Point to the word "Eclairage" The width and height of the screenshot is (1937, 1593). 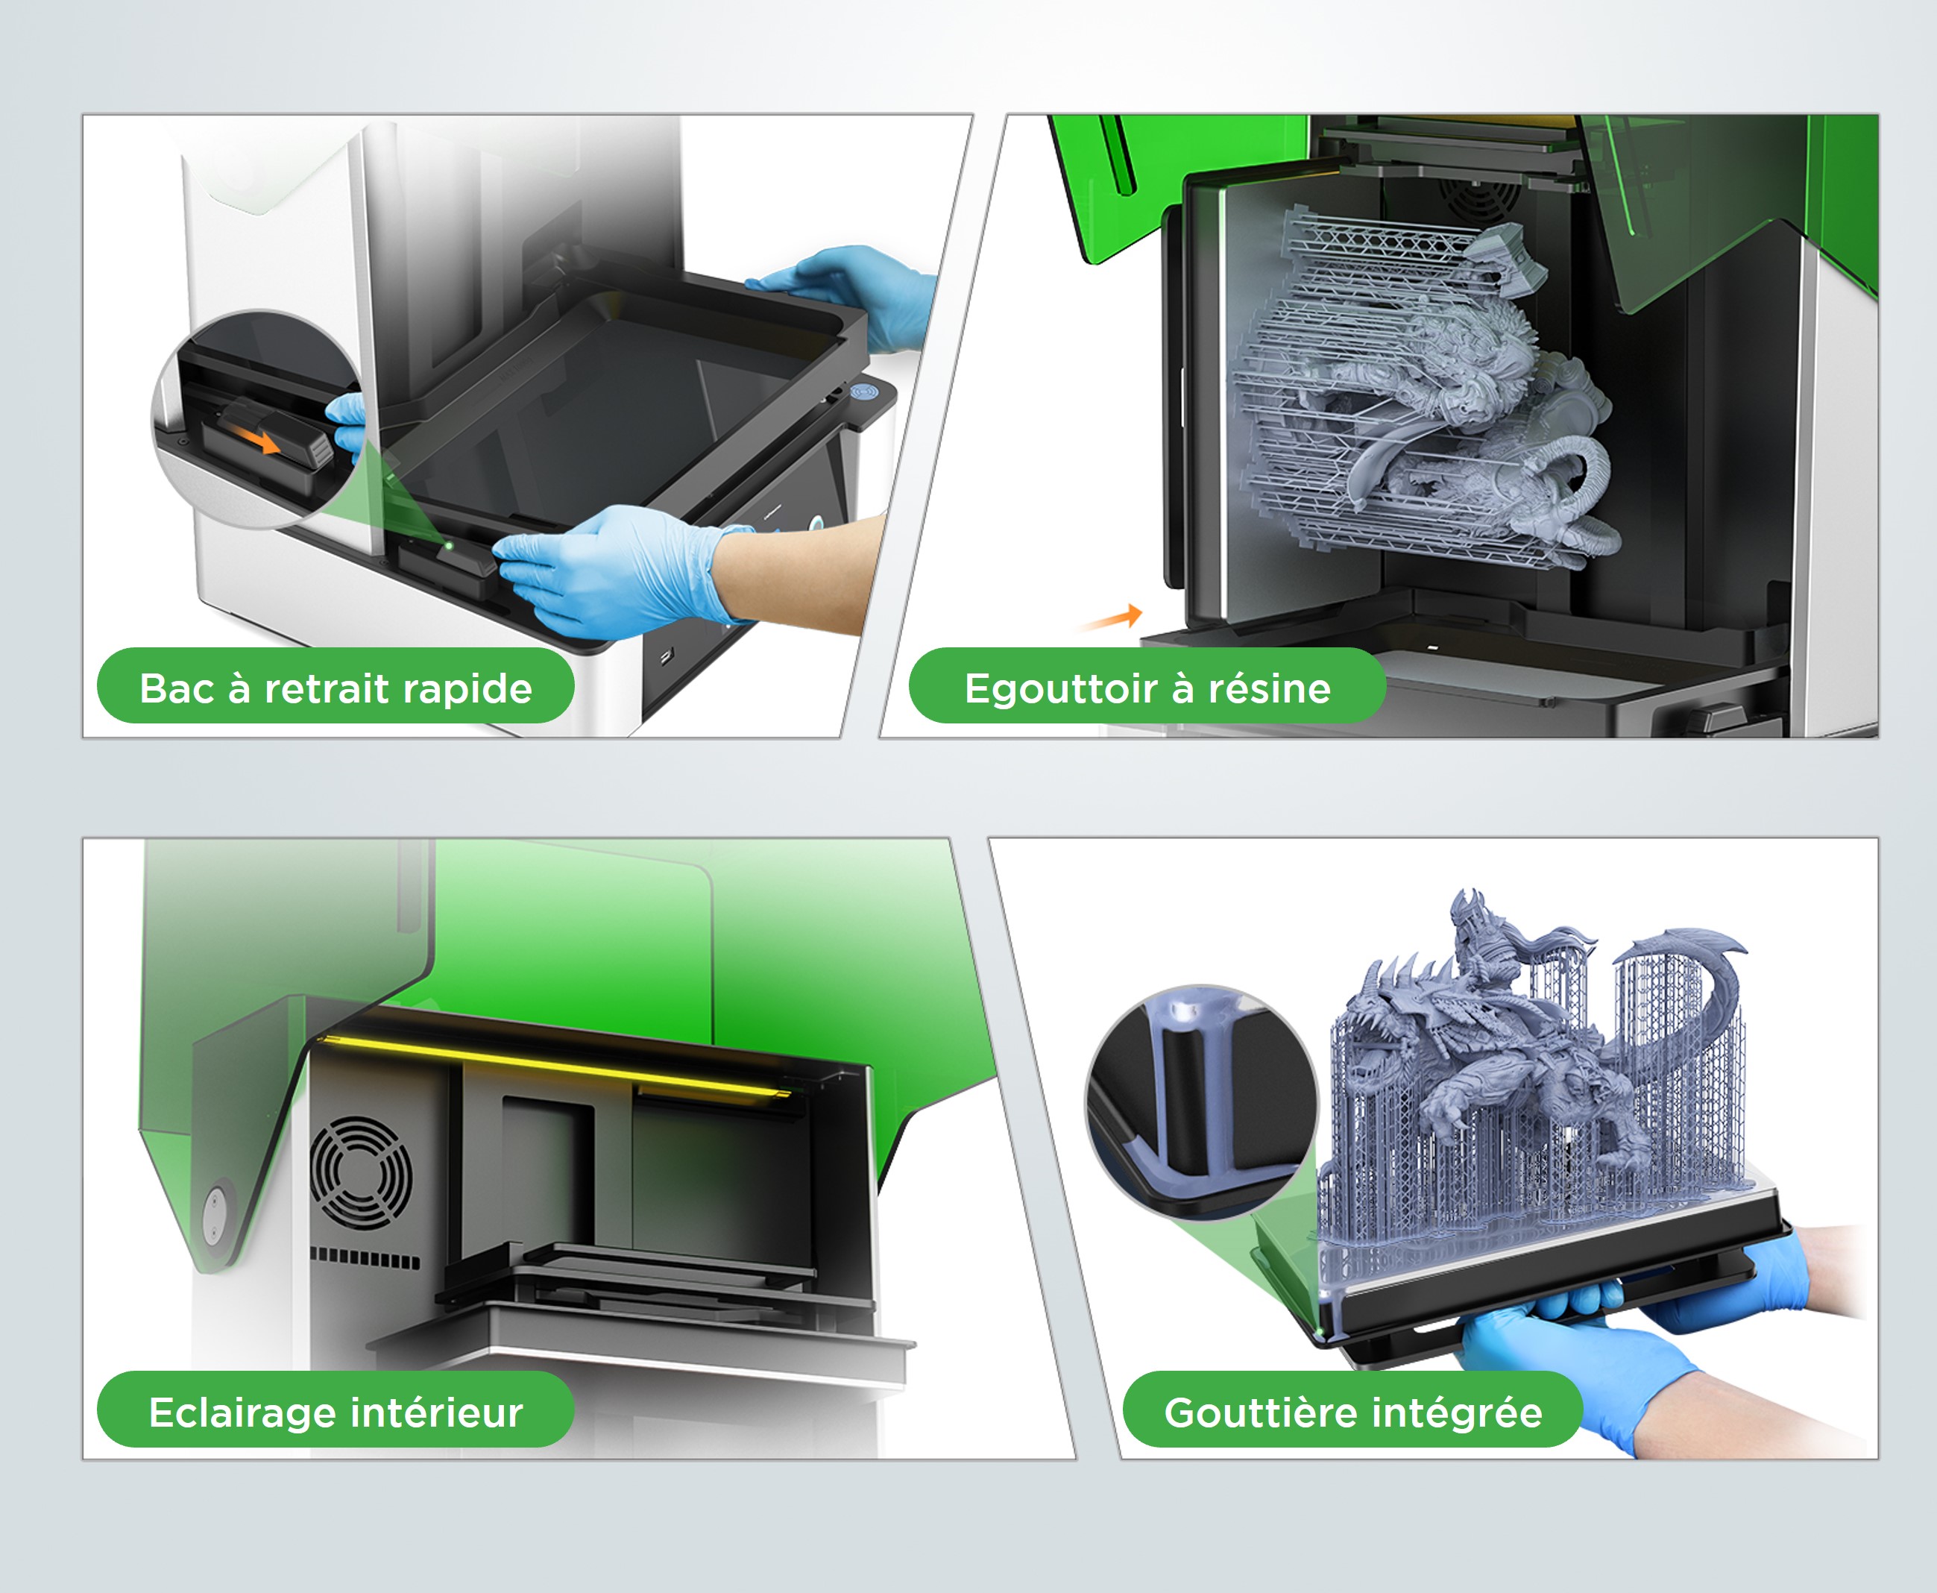[244, 1413]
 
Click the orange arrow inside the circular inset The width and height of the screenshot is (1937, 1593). [259, 442]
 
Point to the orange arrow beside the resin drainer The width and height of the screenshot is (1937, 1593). [1112, 618]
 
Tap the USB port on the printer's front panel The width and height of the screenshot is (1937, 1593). [666, 656]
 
